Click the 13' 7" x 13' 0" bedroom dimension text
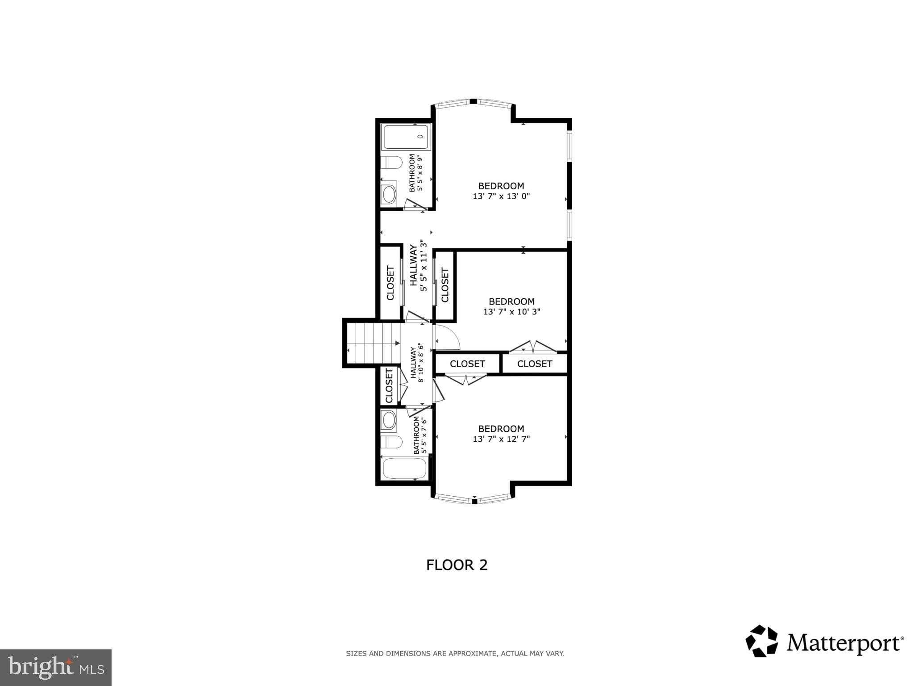(501, 196)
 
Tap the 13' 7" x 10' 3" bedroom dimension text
(511, 312)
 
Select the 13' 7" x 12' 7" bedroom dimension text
(501, 439)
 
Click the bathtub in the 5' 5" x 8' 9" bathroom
(406, 137)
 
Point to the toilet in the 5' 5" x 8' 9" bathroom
(391, 163)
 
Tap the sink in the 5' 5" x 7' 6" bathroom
(389, 421)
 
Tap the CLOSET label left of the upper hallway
(391, 283)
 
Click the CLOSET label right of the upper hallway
(445, 285)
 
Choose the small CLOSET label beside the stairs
(389, 385)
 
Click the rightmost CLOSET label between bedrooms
(534, 364)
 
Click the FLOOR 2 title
(457, 565)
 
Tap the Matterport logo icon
(762, 641)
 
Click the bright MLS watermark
(56, 667)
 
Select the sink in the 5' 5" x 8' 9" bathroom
(389, 195)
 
